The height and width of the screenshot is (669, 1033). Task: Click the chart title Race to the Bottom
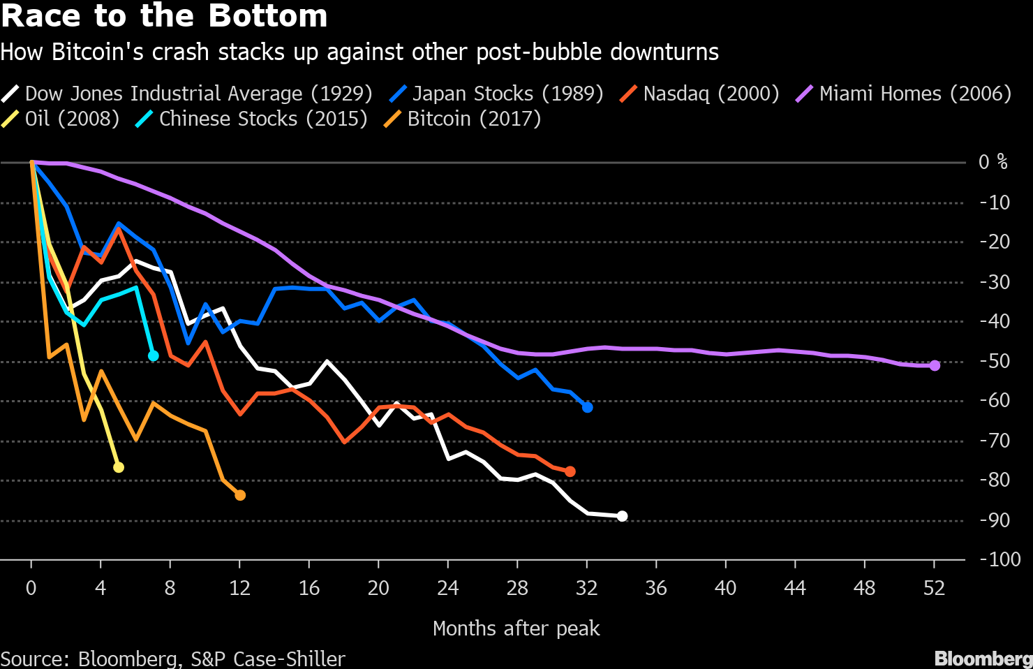pos(165,16)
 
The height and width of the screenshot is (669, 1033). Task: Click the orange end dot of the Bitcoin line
pos(240,495)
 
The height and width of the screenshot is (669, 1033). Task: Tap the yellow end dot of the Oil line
pos(119,467)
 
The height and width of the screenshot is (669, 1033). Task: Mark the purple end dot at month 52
pos(935,365)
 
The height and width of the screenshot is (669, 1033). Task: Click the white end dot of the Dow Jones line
pos(623,516)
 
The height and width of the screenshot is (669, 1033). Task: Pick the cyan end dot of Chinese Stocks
pos(154,356)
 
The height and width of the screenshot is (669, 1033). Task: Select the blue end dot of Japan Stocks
pos(588,407)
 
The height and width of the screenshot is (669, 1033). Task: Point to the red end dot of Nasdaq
pos(570,472)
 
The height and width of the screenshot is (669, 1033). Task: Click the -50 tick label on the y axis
pos(995,361)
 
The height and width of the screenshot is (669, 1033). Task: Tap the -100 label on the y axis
pos(999,559)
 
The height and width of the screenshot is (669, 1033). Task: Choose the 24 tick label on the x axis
pos(447,588)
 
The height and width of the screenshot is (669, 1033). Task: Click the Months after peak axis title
pos(516,628)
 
